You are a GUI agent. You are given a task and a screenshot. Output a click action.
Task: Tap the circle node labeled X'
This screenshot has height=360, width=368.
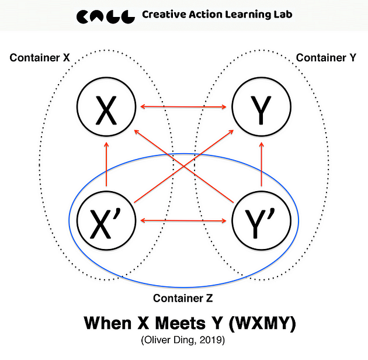[106, 220]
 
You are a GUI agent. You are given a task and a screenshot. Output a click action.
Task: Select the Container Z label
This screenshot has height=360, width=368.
[182, 298]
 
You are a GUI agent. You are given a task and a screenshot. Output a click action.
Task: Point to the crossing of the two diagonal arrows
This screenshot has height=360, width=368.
[183, 164]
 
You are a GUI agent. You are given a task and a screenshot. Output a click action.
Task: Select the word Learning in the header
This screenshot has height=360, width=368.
[254, 15]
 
